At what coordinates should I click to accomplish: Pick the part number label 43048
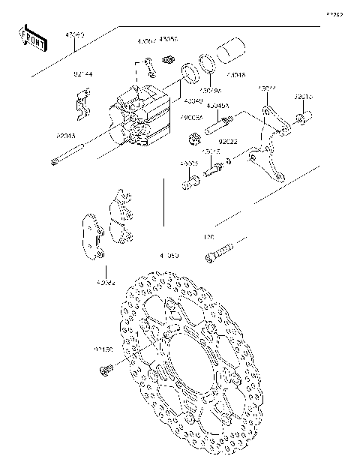(235, 75)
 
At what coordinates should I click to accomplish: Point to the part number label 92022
(229, 141)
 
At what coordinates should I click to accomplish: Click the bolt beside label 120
(220, 251)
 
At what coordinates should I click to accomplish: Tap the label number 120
(209, 238)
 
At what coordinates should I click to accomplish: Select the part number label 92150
(103, 349)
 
